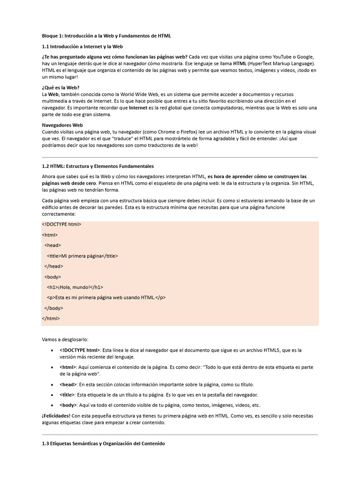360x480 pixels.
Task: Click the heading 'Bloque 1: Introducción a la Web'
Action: [106, 35]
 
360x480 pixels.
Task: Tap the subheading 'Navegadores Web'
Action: [62, 125]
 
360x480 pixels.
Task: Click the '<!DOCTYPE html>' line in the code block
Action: [61, 224]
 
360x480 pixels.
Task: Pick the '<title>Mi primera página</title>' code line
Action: [82, 256]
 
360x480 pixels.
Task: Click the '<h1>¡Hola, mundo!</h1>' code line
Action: [75, 287]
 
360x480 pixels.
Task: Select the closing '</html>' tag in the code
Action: [51, 319]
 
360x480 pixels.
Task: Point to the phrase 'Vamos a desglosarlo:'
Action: [65, 339]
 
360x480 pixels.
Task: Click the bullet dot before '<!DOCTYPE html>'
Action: [51, 350]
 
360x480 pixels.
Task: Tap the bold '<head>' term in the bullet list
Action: [68, 384]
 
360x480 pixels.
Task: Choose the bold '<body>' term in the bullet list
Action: [68, 405]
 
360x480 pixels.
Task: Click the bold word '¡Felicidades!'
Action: [56, 416]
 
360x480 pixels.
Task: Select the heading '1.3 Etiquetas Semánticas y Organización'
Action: [103, 443]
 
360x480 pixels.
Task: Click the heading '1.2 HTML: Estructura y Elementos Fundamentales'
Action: [98, 166]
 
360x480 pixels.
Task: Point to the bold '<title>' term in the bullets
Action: [67, 395]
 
